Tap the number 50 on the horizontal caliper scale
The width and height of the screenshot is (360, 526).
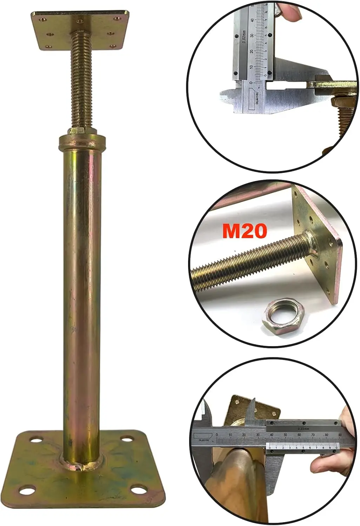coord(285,435)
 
